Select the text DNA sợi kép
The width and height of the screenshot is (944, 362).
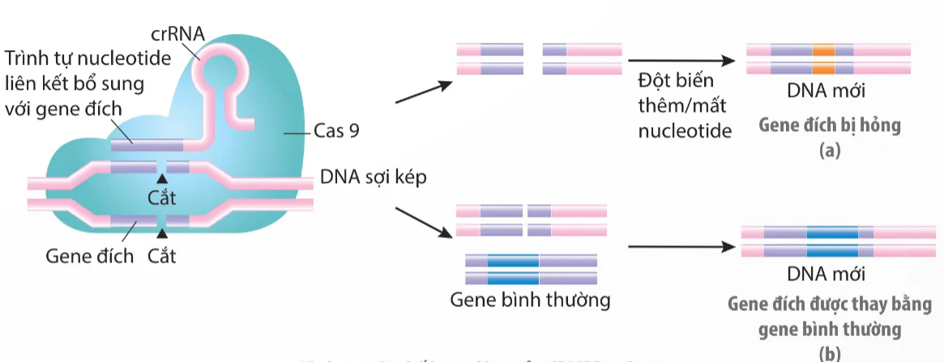click(373, 177)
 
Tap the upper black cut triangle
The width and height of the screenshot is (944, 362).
click(163, 178)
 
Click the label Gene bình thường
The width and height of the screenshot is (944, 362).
click(531, 300)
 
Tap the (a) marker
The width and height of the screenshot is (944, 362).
click(828, 150)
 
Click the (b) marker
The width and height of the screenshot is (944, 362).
click(830, 352)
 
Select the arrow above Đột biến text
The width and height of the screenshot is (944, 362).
click(681, 60)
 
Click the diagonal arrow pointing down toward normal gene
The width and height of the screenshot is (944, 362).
click(423, 223)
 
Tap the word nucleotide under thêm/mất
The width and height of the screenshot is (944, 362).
click(685, 130)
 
